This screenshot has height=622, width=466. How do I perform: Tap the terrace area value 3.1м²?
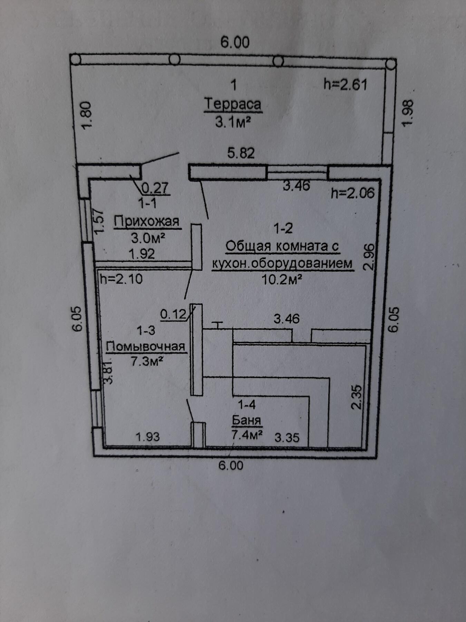(233, 122)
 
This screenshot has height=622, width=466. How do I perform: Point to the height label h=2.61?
(345, 84)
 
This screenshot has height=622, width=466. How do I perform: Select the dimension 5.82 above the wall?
(241, 153)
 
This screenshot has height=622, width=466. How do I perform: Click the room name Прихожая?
(147, 221)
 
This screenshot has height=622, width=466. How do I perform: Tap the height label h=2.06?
(352, 193)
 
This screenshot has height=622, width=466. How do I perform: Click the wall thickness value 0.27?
(155, 188)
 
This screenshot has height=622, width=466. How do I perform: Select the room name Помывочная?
(146, 346)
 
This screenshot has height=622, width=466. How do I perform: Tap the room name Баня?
(246, 420)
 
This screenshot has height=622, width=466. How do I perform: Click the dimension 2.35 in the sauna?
(357, 397)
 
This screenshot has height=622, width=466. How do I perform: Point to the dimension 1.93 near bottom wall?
(148, 437)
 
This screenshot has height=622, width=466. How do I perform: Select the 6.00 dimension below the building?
(231, 465)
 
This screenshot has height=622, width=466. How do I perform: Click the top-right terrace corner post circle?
(391, 64)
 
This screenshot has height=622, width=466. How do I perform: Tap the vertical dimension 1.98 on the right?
(408, 113)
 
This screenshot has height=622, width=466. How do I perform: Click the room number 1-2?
(283, 228)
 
